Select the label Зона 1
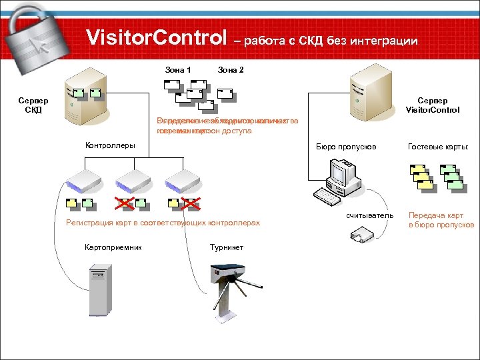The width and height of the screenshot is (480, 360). (178, 70)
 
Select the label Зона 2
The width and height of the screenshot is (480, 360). (231, 70)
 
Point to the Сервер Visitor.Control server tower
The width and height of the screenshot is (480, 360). (369, 93)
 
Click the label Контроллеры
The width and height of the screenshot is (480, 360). (110, 145)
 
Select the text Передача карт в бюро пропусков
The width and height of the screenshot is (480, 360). (441, 220)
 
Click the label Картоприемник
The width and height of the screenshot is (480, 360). (113, 247)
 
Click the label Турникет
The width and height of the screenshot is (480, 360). (227, 247)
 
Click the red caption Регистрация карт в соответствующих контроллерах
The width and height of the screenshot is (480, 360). (162, 223)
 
